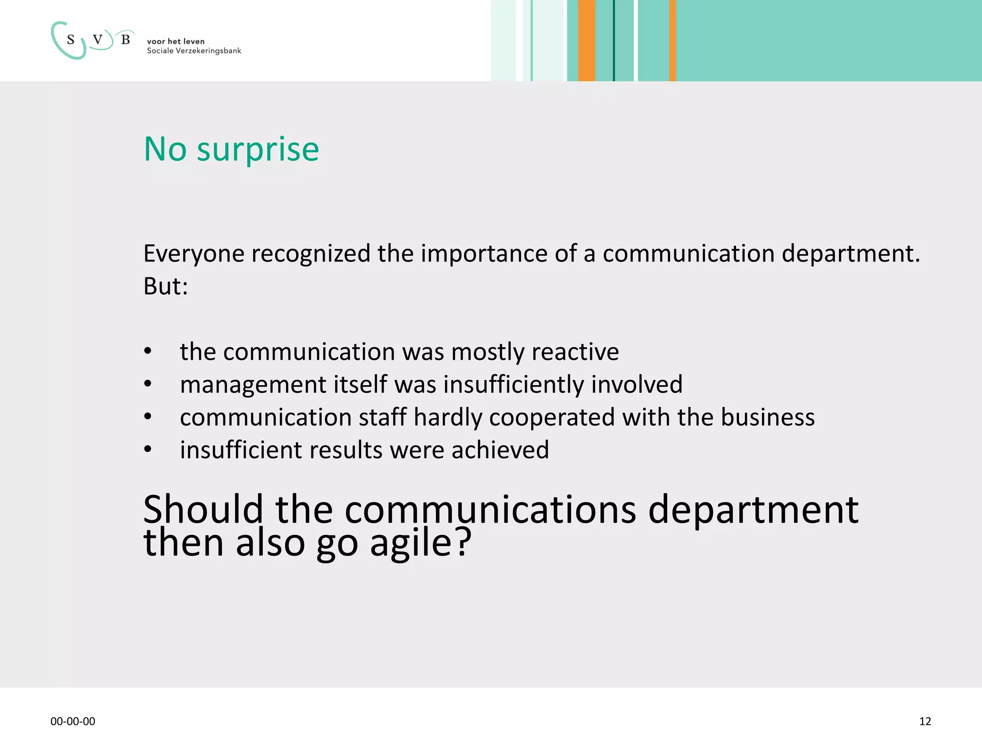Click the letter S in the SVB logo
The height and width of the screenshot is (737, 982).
click(71, 40)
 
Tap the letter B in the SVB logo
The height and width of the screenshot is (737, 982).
click(126, 39)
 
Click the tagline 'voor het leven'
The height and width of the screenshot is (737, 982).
click(175, 42)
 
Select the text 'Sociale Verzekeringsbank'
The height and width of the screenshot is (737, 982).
click(194, 51)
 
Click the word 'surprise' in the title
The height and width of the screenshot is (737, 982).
click(258, 150)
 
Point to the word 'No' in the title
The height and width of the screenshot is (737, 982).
click(165, 150)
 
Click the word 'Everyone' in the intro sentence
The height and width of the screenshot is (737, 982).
click(194, 254)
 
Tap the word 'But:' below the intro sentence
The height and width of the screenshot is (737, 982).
click(165, 286)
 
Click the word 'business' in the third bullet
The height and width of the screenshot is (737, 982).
click(768, 417)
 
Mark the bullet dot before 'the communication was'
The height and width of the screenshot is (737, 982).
click(148, 351)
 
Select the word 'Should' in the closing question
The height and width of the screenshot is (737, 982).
click(203, 510)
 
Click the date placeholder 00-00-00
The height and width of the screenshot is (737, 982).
click(73, 721)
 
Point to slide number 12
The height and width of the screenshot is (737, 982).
click(925, 721)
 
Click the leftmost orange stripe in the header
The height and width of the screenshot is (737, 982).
click(586, 40)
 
